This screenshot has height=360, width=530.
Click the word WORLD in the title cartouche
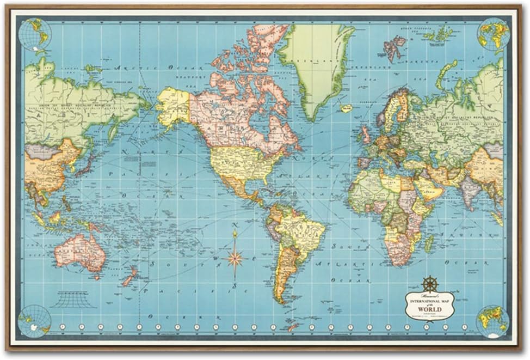[430, 309]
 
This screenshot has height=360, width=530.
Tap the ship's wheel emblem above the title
[429, 283]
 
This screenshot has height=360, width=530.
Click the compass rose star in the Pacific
[235, 257]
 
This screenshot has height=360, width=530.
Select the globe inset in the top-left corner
[34, 35]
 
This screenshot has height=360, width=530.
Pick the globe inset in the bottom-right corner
[492, 321]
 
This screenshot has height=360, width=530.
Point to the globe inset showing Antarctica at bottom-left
[34, 321]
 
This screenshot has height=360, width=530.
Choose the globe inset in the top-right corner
[493, 34]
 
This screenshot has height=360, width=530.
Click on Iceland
[346, 108]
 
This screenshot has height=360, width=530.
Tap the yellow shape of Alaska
[173, 106]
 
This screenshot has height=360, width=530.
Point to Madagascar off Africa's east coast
[429, 243]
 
